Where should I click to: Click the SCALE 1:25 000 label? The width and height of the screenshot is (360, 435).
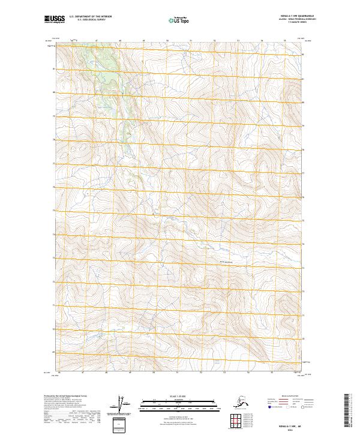[x=178, y=396]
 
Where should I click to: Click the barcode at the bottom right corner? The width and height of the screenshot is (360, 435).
[x=349, y=412]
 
